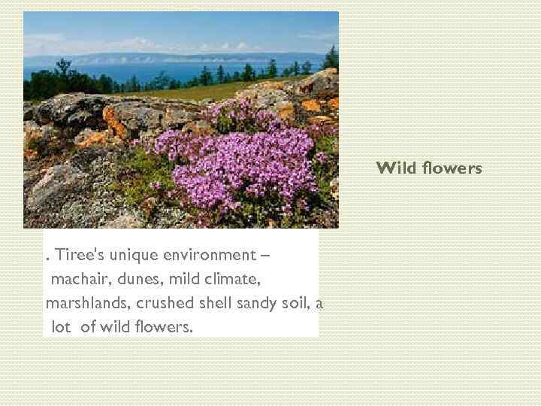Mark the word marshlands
point(86,303)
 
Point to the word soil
point(296,303)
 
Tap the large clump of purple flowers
point(240,162)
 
